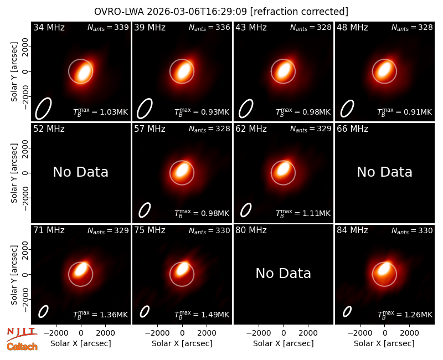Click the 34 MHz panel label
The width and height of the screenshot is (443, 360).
(49, 27)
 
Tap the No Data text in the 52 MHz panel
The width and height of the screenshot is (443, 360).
(80, 172)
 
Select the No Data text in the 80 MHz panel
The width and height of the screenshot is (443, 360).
(283, 273)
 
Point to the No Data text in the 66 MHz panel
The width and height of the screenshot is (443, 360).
(384, 172)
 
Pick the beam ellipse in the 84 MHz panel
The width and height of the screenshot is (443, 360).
(347, 312)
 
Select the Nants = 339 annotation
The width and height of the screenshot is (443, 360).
(108, 28)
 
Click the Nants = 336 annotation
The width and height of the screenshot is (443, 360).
(209, 28)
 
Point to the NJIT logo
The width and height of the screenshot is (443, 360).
(22, 334)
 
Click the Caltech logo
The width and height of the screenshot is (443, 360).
(22, 347)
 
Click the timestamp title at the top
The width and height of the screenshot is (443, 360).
(221, 12)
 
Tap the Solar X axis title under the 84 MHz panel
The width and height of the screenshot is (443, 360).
(384, 343)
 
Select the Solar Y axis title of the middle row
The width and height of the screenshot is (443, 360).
(14, 173)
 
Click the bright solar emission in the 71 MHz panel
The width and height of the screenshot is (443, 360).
(81, 269)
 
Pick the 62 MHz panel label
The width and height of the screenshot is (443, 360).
(251, 129)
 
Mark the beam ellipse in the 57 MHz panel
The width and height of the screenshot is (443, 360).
(145, 210)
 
